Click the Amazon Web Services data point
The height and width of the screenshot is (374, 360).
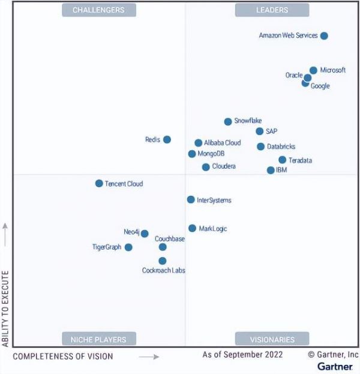coord(324,36)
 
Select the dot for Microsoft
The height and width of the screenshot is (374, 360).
coord(313,70)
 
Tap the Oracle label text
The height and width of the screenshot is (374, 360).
coord(294,76)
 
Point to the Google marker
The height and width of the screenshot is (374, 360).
coord(305,83)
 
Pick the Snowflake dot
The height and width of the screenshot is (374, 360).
coord(228,122)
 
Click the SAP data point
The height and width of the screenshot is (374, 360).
coord(259,131)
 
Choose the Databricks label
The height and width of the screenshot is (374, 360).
coord(281,146)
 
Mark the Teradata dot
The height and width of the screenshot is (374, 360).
coord(282,160)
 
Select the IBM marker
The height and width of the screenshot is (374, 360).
coord(271,170)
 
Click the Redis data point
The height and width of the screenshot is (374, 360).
coord(167,140)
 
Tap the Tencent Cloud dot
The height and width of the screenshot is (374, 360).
coord(99,184)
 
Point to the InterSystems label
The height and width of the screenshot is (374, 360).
coord(214,200)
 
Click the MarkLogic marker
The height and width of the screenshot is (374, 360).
coord(192,228)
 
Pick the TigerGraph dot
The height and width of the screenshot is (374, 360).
coord(128,247)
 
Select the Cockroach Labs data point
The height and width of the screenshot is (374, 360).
coord(163,261)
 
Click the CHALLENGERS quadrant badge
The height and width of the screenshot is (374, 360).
coord(98,10)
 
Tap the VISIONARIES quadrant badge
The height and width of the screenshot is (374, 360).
coord(272,339)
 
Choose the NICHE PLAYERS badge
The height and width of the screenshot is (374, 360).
coord(98,339)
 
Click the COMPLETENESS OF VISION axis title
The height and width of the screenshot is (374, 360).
coord(63,357)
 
